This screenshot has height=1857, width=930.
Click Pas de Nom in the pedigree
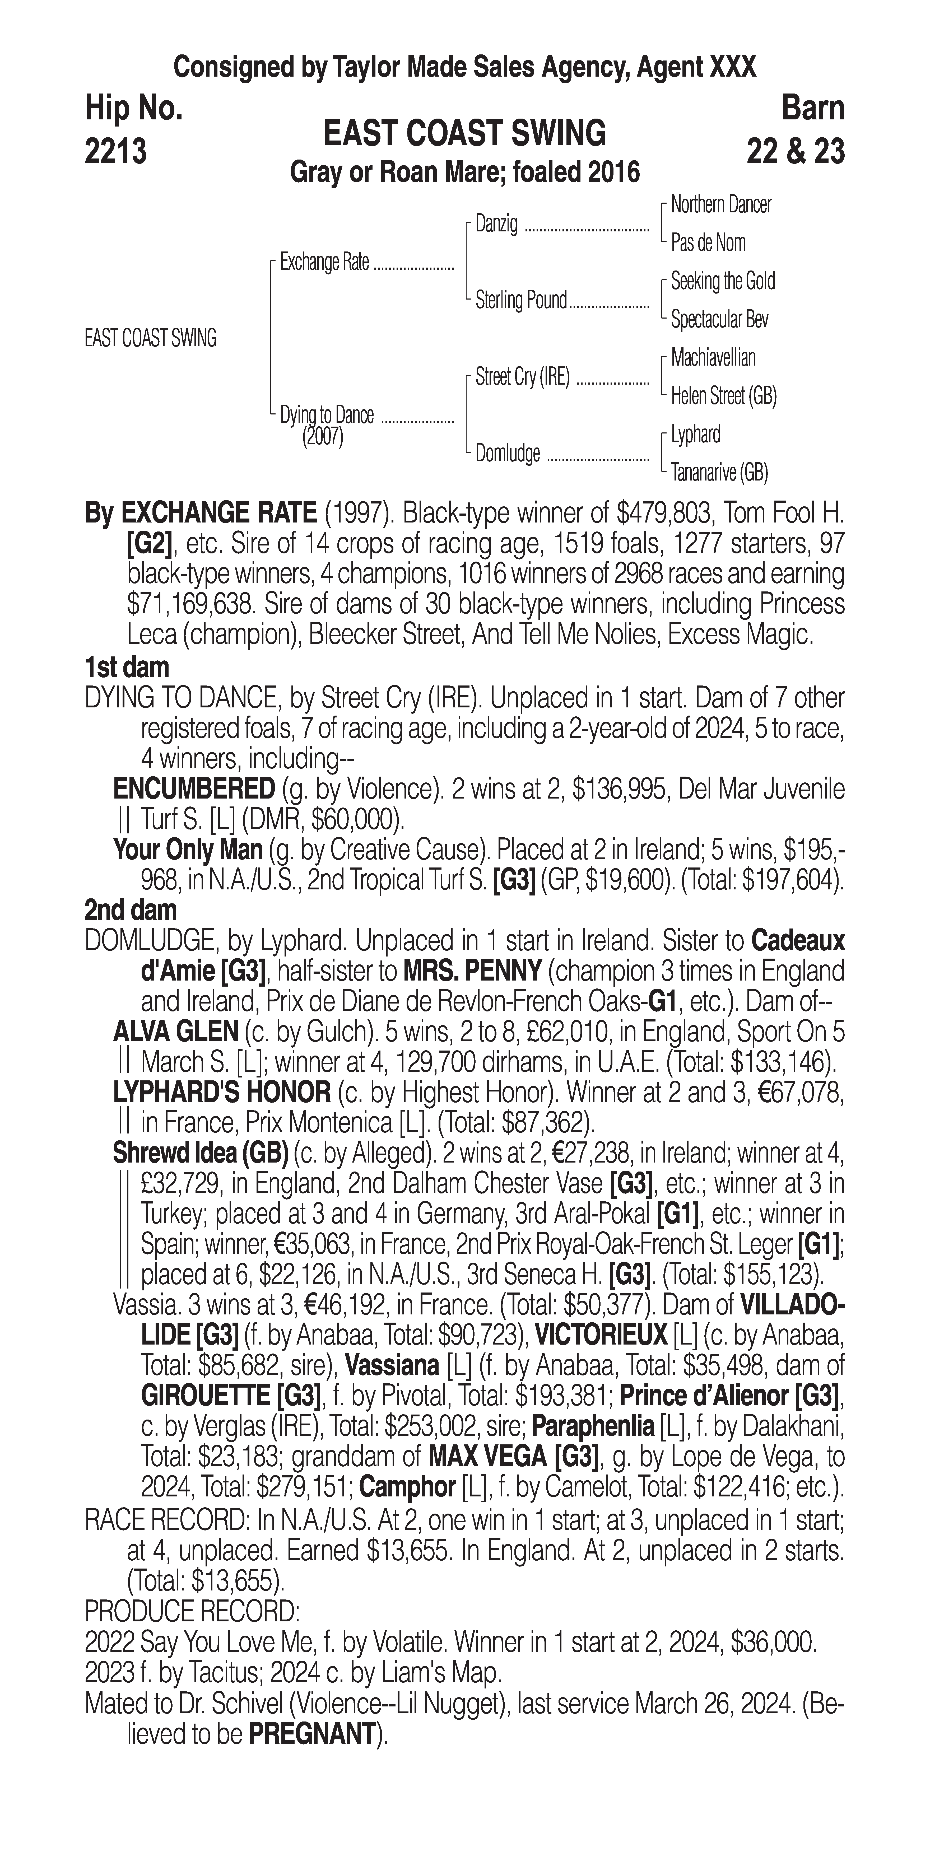[x=708, y=243]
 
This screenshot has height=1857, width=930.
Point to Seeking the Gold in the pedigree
[x=722, y=281]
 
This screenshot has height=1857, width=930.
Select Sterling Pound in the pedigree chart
[x=521, y=300]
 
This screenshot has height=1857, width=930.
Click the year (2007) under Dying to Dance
[x=322, y=437]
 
